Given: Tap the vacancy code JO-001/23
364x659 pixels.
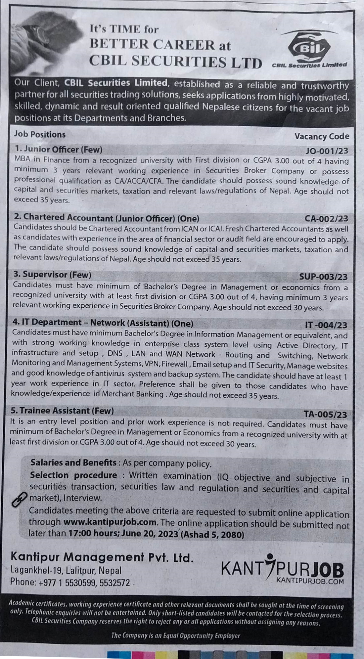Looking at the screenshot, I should coord(327,151).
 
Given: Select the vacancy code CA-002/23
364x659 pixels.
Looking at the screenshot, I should coord(326,219).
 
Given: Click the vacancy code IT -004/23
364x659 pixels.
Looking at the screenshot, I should coord(326,326).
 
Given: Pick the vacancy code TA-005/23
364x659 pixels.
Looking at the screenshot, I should coord(326,415).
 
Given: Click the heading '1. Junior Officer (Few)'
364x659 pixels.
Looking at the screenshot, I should coord(58,150).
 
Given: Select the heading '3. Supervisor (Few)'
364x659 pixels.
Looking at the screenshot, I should coord(52,275).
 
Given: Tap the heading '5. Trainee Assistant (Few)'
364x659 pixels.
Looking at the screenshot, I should coord(62,411).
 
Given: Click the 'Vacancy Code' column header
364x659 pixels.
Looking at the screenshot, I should coord(322,136).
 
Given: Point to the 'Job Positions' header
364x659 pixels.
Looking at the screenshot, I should coord(40,134).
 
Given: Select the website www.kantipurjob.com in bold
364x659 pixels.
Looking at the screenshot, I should coord(110,522).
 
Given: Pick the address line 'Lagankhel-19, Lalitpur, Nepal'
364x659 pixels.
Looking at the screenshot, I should coord(66,570).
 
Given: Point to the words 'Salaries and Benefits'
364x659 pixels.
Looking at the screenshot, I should coord(73,462).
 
